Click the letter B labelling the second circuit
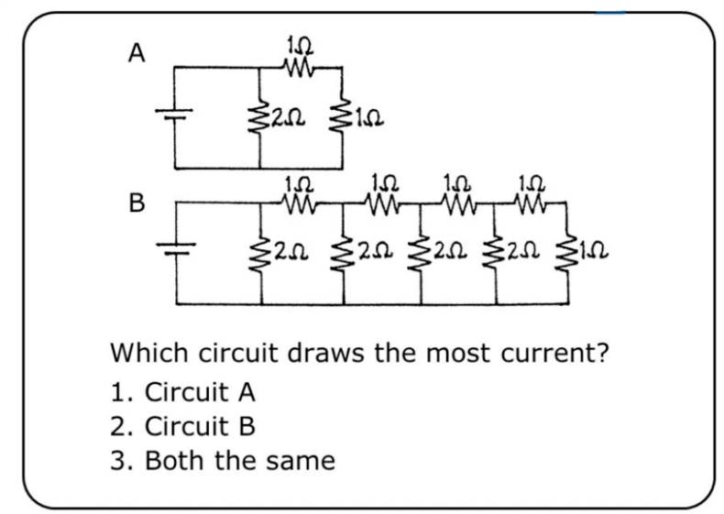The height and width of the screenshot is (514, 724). coord(136,201)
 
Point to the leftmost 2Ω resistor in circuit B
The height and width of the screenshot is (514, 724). coord(264,250)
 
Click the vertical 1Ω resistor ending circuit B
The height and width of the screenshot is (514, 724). coord(571,250)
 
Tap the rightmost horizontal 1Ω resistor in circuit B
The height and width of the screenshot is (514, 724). coord(533,199)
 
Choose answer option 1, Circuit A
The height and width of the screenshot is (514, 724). coord(181,392)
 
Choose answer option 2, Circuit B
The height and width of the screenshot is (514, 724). coord(181,427)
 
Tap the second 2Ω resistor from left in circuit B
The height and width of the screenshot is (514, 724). coord(342,250)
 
